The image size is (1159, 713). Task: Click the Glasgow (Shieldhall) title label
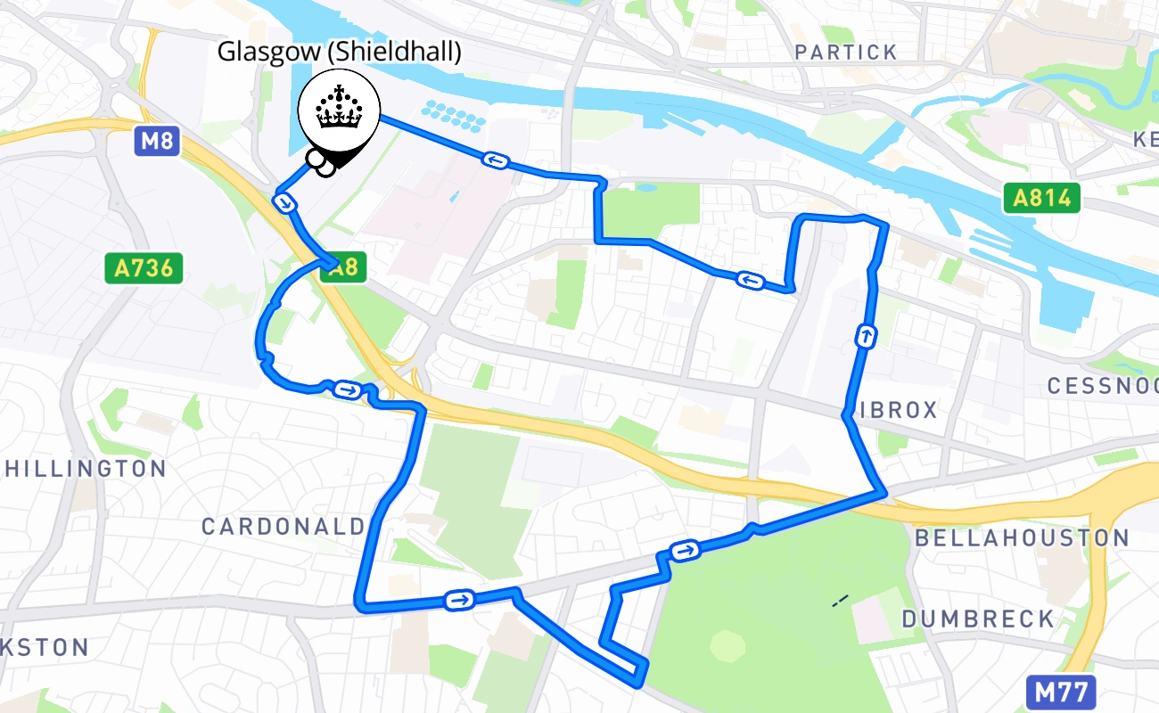(340, 52)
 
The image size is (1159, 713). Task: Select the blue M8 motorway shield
(158, 142)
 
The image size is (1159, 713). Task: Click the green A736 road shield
(144, 268)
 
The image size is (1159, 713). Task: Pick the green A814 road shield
(1040, 198)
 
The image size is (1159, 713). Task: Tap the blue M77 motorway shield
(1061, 693)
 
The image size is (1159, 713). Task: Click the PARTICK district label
(846, 53)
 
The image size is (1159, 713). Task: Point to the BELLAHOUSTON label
(1023, 538)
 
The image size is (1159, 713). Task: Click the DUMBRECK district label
(978, 619)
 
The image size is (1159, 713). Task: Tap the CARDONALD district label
(284, 527)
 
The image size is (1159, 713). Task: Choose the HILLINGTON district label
(86, 469)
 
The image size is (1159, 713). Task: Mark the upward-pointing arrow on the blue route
(865, 337)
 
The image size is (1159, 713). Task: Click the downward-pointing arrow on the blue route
(285, 203)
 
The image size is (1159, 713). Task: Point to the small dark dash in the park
(840, 602)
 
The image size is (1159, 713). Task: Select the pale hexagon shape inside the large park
(727, 645)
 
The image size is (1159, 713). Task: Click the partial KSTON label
(45, 647)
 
